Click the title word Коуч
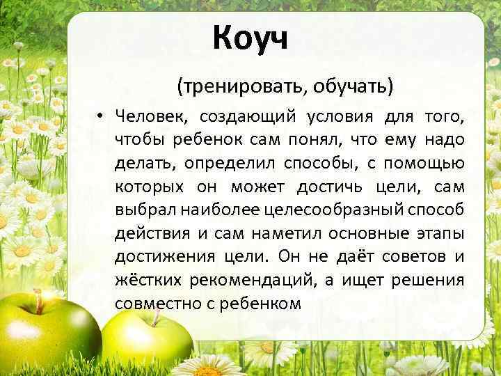tap(250, 37)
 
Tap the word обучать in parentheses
tap(351, 86)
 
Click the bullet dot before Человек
tap(101, 116)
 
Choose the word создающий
tap(248, 116)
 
